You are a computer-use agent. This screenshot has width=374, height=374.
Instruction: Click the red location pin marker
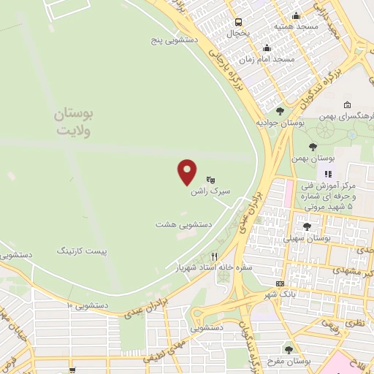tap(188, 172)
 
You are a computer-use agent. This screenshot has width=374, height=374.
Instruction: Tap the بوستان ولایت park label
tap(77, 122)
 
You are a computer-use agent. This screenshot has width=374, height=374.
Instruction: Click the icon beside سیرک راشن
tap(210, 179)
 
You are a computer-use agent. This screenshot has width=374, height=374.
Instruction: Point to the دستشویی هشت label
tap(183, 225)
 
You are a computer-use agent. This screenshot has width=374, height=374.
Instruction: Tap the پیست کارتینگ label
tap(81, 251)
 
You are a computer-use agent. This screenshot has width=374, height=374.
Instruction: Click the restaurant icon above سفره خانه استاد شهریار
tap(214, 256)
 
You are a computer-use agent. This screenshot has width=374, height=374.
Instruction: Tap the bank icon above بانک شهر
tap(279, 283)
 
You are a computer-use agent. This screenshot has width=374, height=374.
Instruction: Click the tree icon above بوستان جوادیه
tap(280, 111)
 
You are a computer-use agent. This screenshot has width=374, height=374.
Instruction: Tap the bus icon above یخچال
tap(238, 22)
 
